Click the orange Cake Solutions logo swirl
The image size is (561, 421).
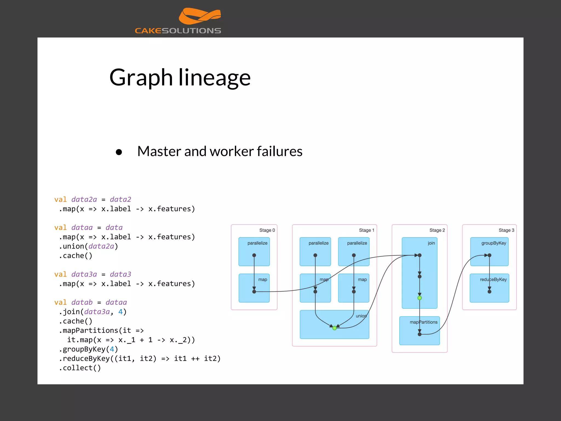200,16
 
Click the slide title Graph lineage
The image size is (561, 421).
180,78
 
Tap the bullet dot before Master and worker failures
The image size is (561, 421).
119,152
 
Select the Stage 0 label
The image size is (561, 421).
267,230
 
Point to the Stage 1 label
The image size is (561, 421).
366,230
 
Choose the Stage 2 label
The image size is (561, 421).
437,230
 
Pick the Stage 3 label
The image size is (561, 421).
506,230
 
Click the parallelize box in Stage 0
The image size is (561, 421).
254,251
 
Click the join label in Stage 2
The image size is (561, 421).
431,243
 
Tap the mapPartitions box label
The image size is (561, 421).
423,322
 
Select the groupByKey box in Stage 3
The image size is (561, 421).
489,251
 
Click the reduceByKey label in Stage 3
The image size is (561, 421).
493,280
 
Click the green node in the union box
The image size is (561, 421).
334,328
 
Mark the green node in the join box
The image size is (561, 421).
419,298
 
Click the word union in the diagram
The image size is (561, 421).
361,316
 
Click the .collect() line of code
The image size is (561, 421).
80,368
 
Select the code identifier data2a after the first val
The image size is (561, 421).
84,200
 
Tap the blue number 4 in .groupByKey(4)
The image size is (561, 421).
112,349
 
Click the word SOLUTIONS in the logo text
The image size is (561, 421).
191,31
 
